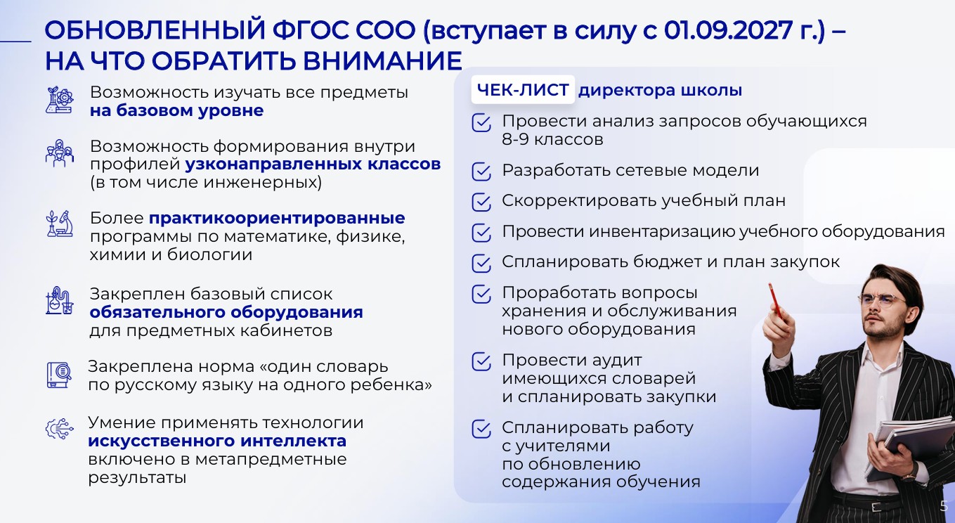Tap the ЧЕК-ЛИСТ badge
pyautogui.click(x=523, y=89)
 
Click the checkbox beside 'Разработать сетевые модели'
pyautogui.click(x=481, y=172)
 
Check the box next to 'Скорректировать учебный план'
pyautogui.click(x=481, y=202)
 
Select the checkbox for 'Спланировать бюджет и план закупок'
pyautogui.click(x=481, y=263)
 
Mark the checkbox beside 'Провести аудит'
pyautogui.click(x=481, y=361)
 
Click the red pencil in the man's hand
pyautogui.click(x=776, y=301)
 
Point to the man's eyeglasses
pyautogui.click(x=882, y=300)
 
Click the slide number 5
pyautogui.click(x=944, y=506)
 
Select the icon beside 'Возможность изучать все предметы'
pyautogui.click(x=60, y=101)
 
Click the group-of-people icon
pyautogui.click(x=60, y=153)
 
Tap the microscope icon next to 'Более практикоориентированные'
pyautogui.click(x=60, y=224)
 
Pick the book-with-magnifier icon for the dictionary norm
pyautogui.click(x=59, y=375)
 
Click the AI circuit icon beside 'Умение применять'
pyautogui.click(x=59, y=429)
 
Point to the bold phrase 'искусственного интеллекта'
pyautogui.click(x=217, y=441)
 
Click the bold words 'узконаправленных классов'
pyautogui.click(x=313, y=164)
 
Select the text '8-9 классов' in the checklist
pyautogui.click(x=552, y=139)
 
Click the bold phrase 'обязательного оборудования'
pyautogui.click(x=226, y=312)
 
